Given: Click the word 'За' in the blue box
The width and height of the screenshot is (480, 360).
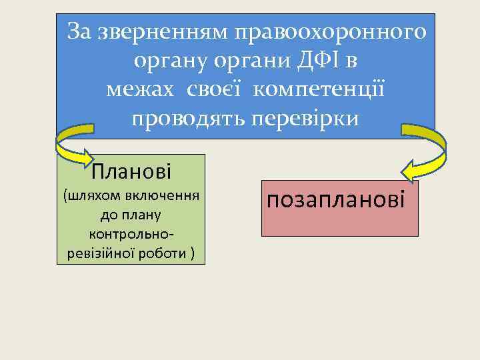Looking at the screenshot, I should (81, 31).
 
